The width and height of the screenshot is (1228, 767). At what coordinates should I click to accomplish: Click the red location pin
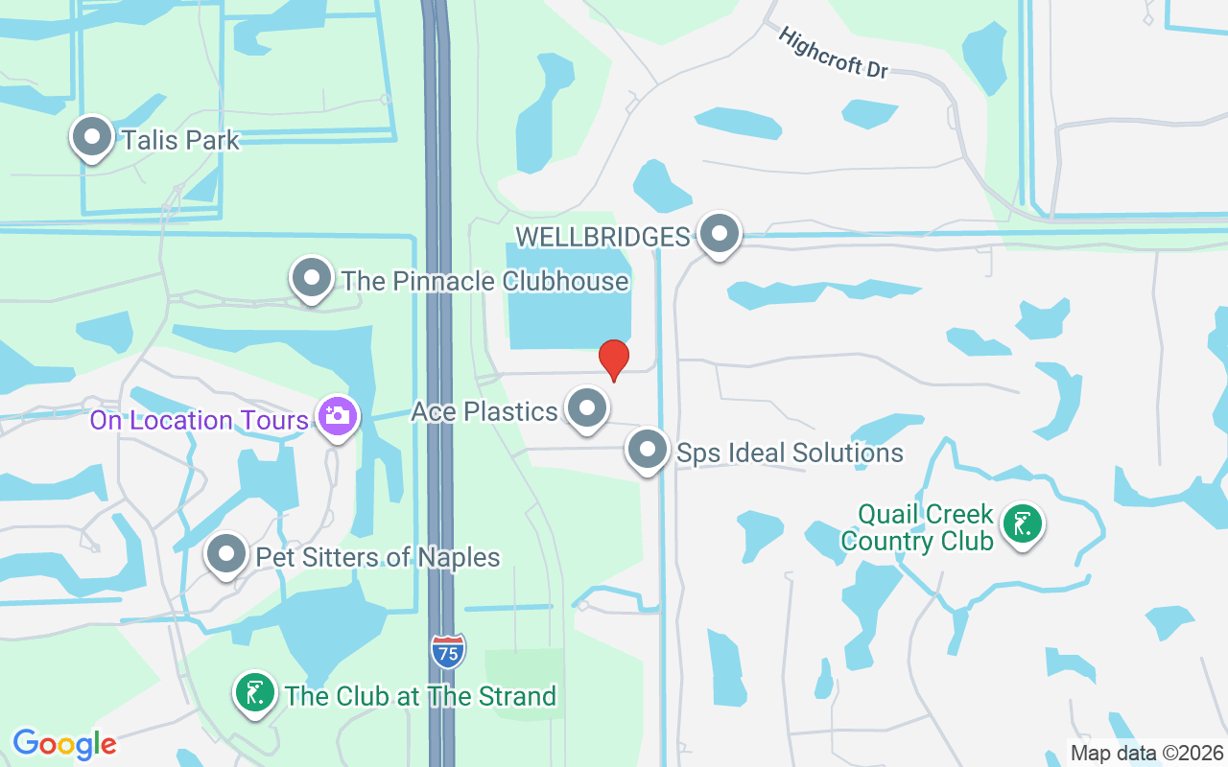tap(614, 359)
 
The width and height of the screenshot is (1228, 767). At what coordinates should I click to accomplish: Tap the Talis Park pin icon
tap(92, 137)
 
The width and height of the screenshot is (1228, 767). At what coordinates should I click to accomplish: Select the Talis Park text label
tap(180, 140)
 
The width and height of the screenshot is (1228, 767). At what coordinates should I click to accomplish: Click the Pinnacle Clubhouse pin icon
tap(311, 278)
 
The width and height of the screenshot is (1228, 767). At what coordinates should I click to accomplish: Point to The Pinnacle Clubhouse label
tap(484, 281)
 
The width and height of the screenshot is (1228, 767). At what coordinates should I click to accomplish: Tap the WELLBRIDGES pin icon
tap(719, 234)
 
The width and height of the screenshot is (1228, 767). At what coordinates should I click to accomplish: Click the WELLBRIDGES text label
tap(602, 236)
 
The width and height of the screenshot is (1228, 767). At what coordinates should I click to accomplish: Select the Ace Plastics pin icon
tap(587, 408)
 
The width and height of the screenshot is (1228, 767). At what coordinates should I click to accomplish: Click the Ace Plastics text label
tap(484, 411)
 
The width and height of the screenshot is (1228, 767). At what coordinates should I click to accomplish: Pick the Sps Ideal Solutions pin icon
tap(648, 450)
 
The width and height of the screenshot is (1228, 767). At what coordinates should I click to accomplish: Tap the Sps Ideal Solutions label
tap(790, 453)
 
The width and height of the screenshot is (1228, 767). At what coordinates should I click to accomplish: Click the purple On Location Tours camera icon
tap(338, 416)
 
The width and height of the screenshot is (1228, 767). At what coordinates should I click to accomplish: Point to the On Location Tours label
tap(200, 420)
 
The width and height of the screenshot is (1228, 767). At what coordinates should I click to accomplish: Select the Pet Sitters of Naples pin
tap(226, 554)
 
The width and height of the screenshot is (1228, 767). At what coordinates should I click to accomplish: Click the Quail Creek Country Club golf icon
tap(1023, 524)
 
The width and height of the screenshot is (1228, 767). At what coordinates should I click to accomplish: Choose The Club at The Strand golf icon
tap(255, 693)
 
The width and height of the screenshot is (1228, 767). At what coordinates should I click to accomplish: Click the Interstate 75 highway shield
tap(448, 651)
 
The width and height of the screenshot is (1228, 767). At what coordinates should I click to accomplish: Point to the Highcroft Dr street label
tap(833, 54)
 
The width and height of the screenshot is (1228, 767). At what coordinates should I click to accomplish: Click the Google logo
tap(64, 744)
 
